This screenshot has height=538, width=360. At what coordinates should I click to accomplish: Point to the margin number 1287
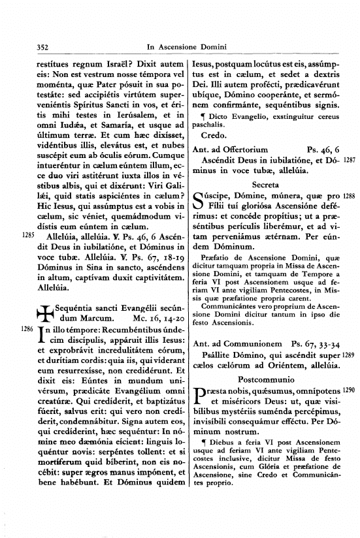(349, 159)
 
